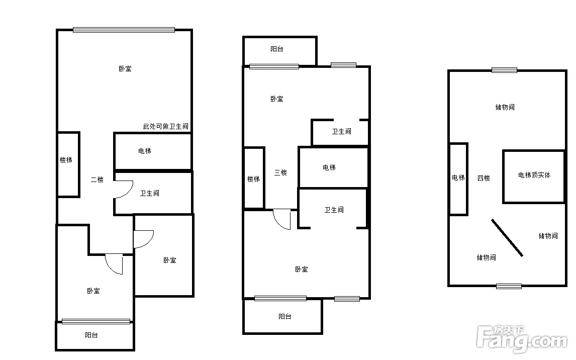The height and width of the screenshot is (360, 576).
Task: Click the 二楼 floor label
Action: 98,179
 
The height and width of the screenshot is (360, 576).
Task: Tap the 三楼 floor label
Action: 280,172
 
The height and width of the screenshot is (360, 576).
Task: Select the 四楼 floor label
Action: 484,178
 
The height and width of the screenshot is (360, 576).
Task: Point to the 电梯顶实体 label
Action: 534,175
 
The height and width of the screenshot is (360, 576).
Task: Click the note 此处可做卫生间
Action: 166,126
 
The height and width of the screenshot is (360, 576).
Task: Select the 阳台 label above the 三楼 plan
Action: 277,49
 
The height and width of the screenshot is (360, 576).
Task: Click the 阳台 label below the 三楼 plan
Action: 285,316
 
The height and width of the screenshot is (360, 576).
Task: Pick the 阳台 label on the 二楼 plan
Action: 91,335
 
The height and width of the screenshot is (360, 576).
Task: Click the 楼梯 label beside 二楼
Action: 66,160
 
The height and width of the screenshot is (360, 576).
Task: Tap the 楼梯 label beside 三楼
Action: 253,179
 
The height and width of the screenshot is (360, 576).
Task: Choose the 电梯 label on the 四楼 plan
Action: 458,178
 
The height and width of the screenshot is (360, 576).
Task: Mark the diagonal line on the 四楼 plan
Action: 507,238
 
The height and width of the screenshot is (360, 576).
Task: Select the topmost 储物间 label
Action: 505,107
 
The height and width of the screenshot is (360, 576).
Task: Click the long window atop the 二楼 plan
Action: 124,30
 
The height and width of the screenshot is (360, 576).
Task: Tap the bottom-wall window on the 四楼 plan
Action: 509,286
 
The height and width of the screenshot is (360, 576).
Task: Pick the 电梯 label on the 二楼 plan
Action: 145,151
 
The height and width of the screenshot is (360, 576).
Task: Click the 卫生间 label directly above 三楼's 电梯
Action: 342,132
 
